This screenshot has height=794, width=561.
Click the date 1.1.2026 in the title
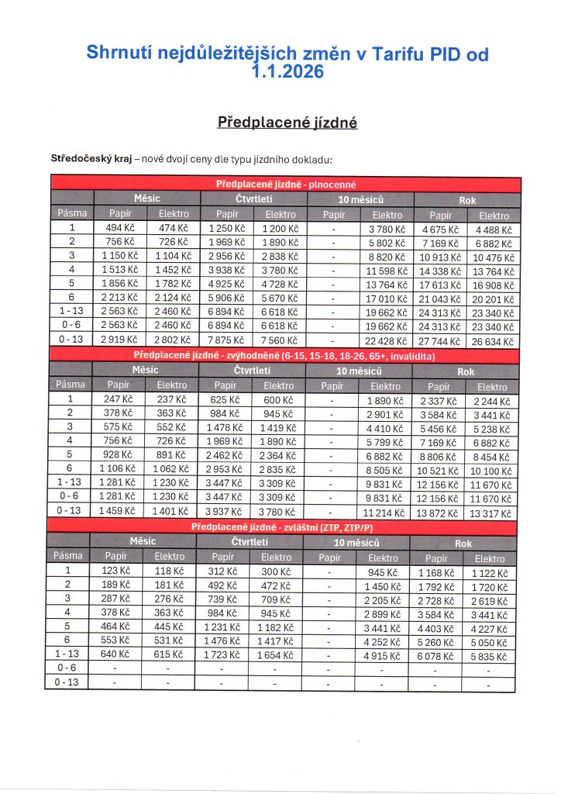pyautogui.click(x=288, y=74)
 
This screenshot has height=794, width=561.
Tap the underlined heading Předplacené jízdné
pyautogui.click(x=287, y=123)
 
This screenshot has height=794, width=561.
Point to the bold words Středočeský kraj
pyautogui.click(x=86, y=161)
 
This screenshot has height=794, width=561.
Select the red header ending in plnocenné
pyautogui.click(x=285, y=184)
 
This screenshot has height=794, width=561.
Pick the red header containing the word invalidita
pyautogui.click(x=284, y=356)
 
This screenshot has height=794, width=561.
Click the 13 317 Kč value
pyautogui.click(x=492, y=514)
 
